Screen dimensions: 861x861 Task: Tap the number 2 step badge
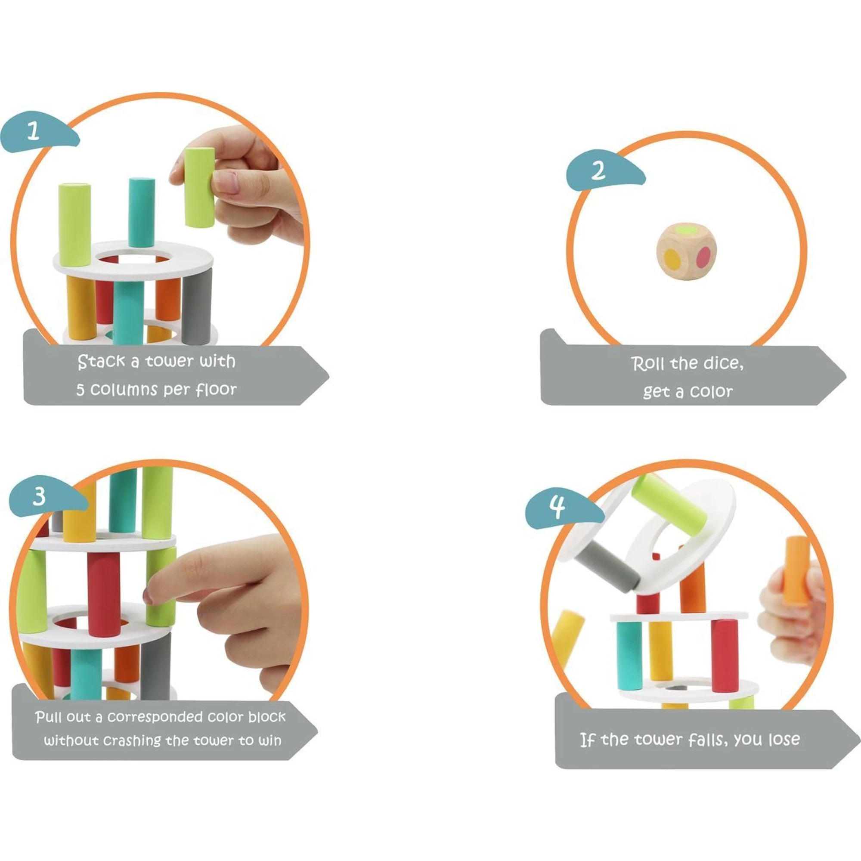coord(604,170)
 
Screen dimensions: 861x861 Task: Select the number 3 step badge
coord(47,496)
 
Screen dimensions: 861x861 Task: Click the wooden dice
coord(687,251)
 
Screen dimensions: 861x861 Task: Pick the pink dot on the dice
coord(704,257)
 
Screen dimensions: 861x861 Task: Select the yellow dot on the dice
coord(672,259)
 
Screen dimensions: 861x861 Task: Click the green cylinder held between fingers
coord(199,188)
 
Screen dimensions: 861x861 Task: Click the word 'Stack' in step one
coord(101,362)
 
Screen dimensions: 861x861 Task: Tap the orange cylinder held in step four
coord(797,571)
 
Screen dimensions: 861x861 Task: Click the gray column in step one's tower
coord(197,306)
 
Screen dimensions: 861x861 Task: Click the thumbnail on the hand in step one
coord(226,182)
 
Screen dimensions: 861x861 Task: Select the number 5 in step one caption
coord(80,390)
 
